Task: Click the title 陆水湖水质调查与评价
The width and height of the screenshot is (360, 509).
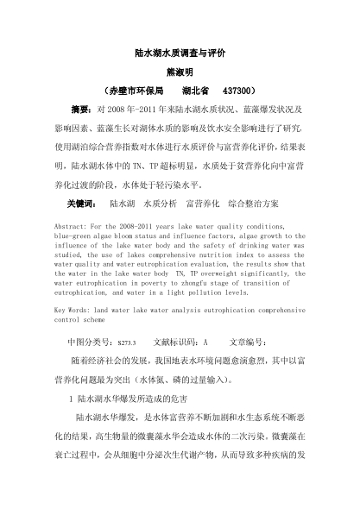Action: [x=180, y=53]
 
